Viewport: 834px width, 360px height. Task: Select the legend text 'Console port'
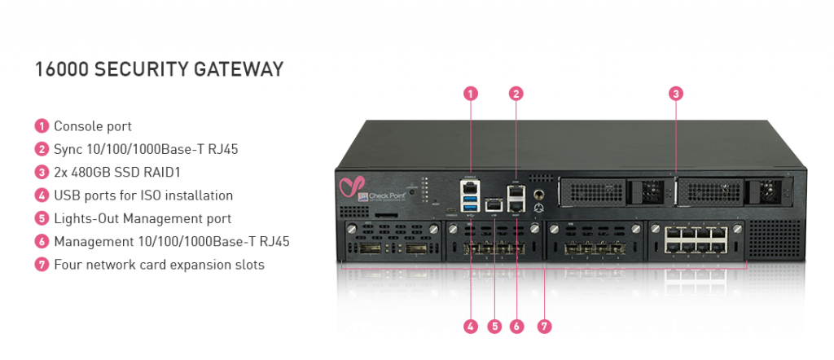tap(93, 126)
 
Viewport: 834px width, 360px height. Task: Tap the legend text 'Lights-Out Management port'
tap(143, 218)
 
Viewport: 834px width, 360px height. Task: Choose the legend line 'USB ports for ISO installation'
tap(143, 195)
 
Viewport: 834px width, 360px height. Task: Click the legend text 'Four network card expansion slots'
tap(159, 265)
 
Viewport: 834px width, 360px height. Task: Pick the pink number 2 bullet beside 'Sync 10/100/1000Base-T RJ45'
tap(42, 149)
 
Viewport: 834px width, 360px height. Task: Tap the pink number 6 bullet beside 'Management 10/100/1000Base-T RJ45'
tap(42, 242)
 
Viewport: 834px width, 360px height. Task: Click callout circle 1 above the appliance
tap(471, 94)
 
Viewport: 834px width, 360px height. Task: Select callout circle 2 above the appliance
tap(516, 94)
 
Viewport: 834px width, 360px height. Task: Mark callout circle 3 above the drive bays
tap(675, 94)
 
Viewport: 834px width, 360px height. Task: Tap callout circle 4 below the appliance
tap(471, 327)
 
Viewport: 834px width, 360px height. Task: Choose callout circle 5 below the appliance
tap(494, 327)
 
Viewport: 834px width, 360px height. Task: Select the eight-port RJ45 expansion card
tap(693, 244)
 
